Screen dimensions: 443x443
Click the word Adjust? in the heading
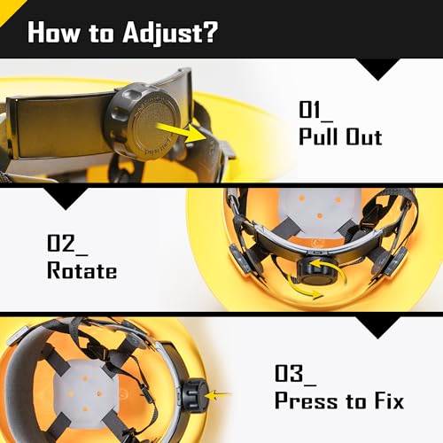click(170, 33)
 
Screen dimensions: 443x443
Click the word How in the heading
click(53, 33)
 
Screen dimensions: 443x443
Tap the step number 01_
click(315, 111)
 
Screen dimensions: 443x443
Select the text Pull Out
click(340, 136)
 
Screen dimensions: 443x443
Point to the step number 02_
click(67, 245)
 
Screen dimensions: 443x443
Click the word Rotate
click(82, 270)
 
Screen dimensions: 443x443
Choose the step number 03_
click(295, 375)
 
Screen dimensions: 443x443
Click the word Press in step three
click(306, 400)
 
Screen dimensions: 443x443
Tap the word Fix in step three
click(389, 400)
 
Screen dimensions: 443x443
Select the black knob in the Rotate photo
click(321, 270)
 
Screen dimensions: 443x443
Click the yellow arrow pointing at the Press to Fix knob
click(218, 395)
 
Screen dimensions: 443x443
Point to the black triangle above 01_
click(377, 69)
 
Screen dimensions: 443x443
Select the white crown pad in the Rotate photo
click(320, 211)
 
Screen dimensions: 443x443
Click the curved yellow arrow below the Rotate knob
click(304, 287)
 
